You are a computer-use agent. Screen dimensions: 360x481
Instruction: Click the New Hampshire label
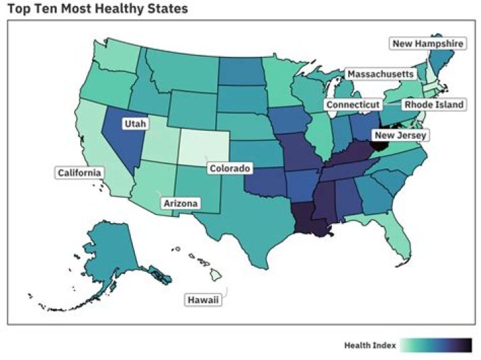[427, 44]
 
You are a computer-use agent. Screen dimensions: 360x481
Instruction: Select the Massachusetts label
[379, 73]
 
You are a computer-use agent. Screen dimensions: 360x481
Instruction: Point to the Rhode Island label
[434, 105]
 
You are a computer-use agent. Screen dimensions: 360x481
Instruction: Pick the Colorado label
[230, 168]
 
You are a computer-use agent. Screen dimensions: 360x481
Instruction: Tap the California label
[79, 173]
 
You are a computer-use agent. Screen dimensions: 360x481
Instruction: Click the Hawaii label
[203, 301]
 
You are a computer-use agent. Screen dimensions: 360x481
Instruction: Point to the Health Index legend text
[370, 345]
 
